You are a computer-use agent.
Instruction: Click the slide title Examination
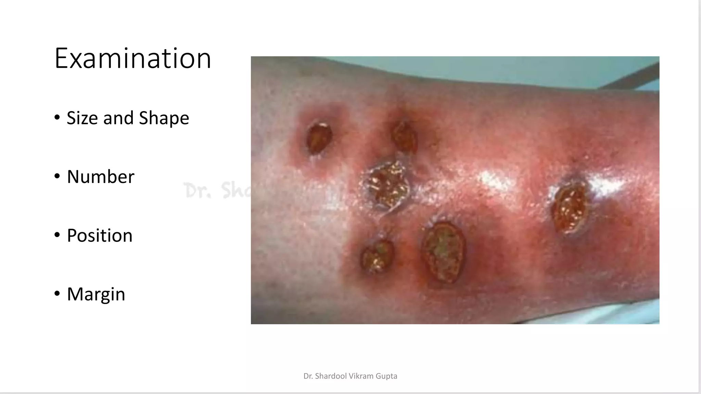133,58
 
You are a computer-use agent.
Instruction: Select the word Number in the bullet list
100,177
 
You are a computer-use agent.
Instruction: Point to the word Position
100,236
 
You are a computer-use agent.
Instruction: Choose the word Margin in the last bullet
96,294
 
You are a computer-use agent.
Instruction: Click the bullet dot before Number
57,176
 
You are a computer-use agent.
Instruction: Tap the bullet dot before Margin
57,294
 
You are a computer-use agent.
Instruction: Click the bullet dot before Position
57,235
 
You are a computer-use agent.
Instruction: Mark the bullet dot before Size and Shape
57,118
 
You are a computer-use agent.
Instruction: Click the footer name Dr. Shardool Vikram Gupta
350,376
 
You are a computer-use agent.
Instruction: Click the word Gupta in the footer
386,376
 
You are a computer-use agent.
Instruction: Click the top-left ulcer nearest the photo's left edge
319,138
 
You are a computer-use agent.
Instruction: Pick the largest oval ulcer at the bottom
444,252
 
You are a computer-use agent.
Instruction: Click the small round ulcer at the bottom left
377,255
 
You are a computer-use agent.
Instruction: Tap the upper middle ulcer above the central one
404,137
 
